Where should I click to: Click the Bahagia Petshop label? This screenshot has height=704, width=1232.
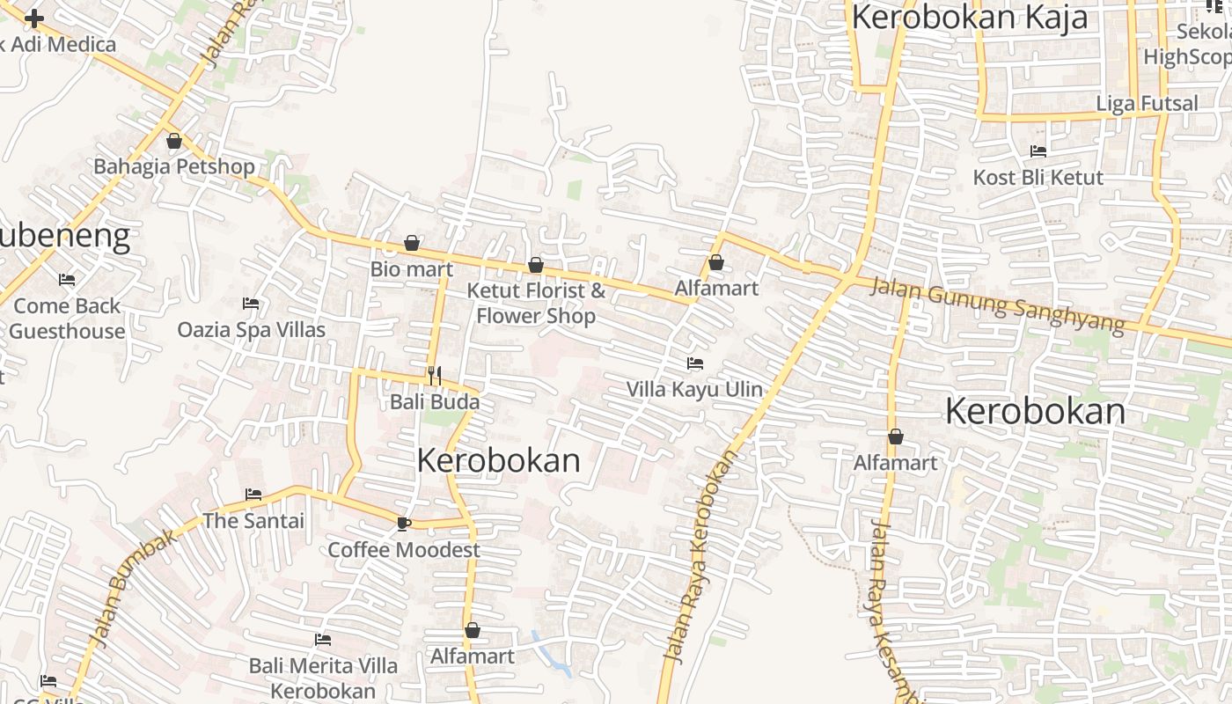coord(174,166)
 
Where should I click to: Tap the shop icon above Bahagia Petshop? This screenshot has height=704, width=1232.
coord(174,141)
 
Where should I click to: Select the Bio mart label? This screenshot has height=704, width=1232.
coord(411,269)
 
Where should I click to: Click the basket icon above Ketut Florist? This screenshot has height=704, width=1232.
coord(535,265)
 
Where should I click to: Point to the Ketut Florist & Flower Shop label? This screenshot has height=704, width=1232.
coord(536,303)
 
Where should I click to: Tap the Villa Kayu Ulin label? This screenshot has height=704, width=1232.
coord(694,389)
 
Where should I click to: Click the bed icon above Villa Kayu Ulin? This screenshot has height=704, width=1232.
coord(695,363)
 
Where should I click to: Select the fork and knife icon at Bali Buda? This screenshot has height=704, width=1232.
coord(435,376)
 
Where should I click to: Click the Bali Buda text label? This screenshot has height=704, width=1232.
coord(435,402)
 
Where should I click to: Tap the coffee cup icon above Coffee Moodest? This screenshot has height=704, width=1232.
coord(403,524)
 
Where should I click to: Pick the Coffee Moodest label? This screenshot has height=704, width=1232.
coord(404,550)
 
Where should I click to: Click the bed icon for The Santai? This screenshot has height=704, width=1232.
coord(253,495)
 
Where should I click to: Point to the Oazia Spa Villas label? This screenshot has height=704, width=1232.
coord(252,330)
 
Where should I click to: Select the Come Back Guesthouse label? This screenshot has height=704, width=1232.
coord(67,319)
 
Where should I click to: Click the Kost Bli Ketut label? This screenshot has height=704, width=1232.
coord(1038,178)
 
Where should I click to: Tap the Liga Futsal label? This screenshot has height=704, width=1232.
coord(1147,104)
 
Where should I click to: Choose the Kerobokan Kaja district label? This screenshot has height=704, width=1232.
coord(970,18)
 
